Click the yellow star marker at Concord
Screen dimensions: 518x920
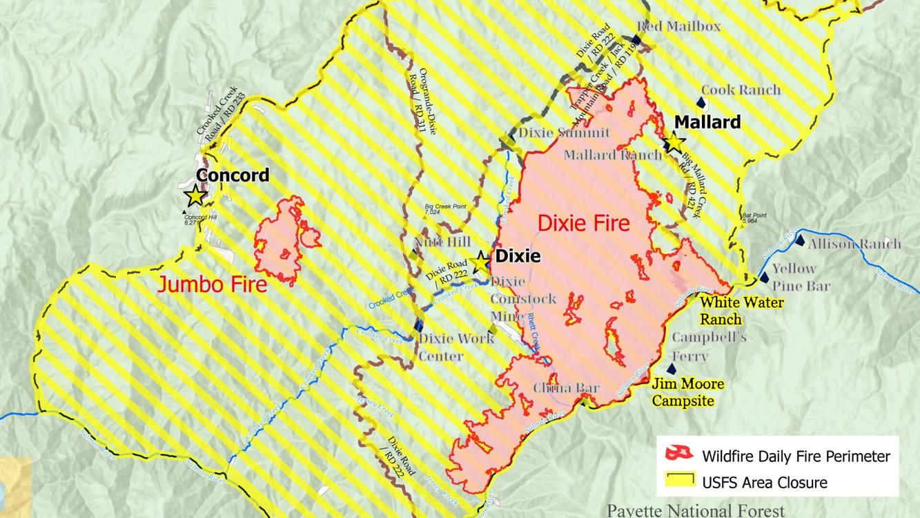coord(196,195)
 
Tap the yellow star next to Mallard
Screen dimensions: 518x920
coord(673,142)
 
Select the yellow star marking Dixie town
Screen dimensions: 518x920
coord(481,263)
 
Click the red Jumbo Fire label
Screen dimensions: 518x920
coord(212,284)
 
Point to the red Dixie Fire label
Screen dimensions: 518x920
coord(583,223)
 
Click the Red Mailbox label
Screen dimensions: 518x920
coord(678,26)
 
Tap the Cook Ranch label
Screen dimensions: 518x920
coord(741,90)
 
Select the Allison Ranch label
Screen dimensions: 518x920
coord(854,243)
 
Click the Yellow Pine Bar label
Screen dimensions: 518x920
coord(800,277)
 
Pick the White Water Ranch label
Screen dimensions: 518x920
coord(741,311)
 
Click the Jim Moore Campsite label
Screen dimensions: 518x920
coord(687,392)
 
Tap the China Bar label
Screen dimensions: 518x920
coord(565,388)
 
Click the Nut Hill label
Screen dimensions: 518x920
coord(442,242)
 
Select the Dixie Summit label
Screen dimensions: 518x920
coord(564,133)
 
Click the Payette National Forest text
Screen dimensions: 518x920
coord(695,510)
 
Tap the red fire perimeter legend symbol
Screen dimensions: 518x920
coord(678,453)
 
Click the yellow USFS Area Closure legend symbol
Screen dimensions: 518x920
coord(678,479)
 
